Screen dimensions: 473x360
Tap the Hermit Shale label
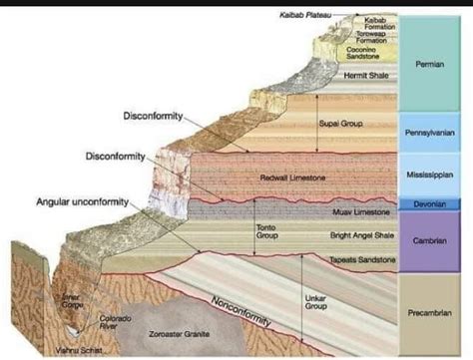click(x=363, y=75)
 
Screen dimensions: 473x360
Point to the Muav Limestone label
click(x=360, y=212)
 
